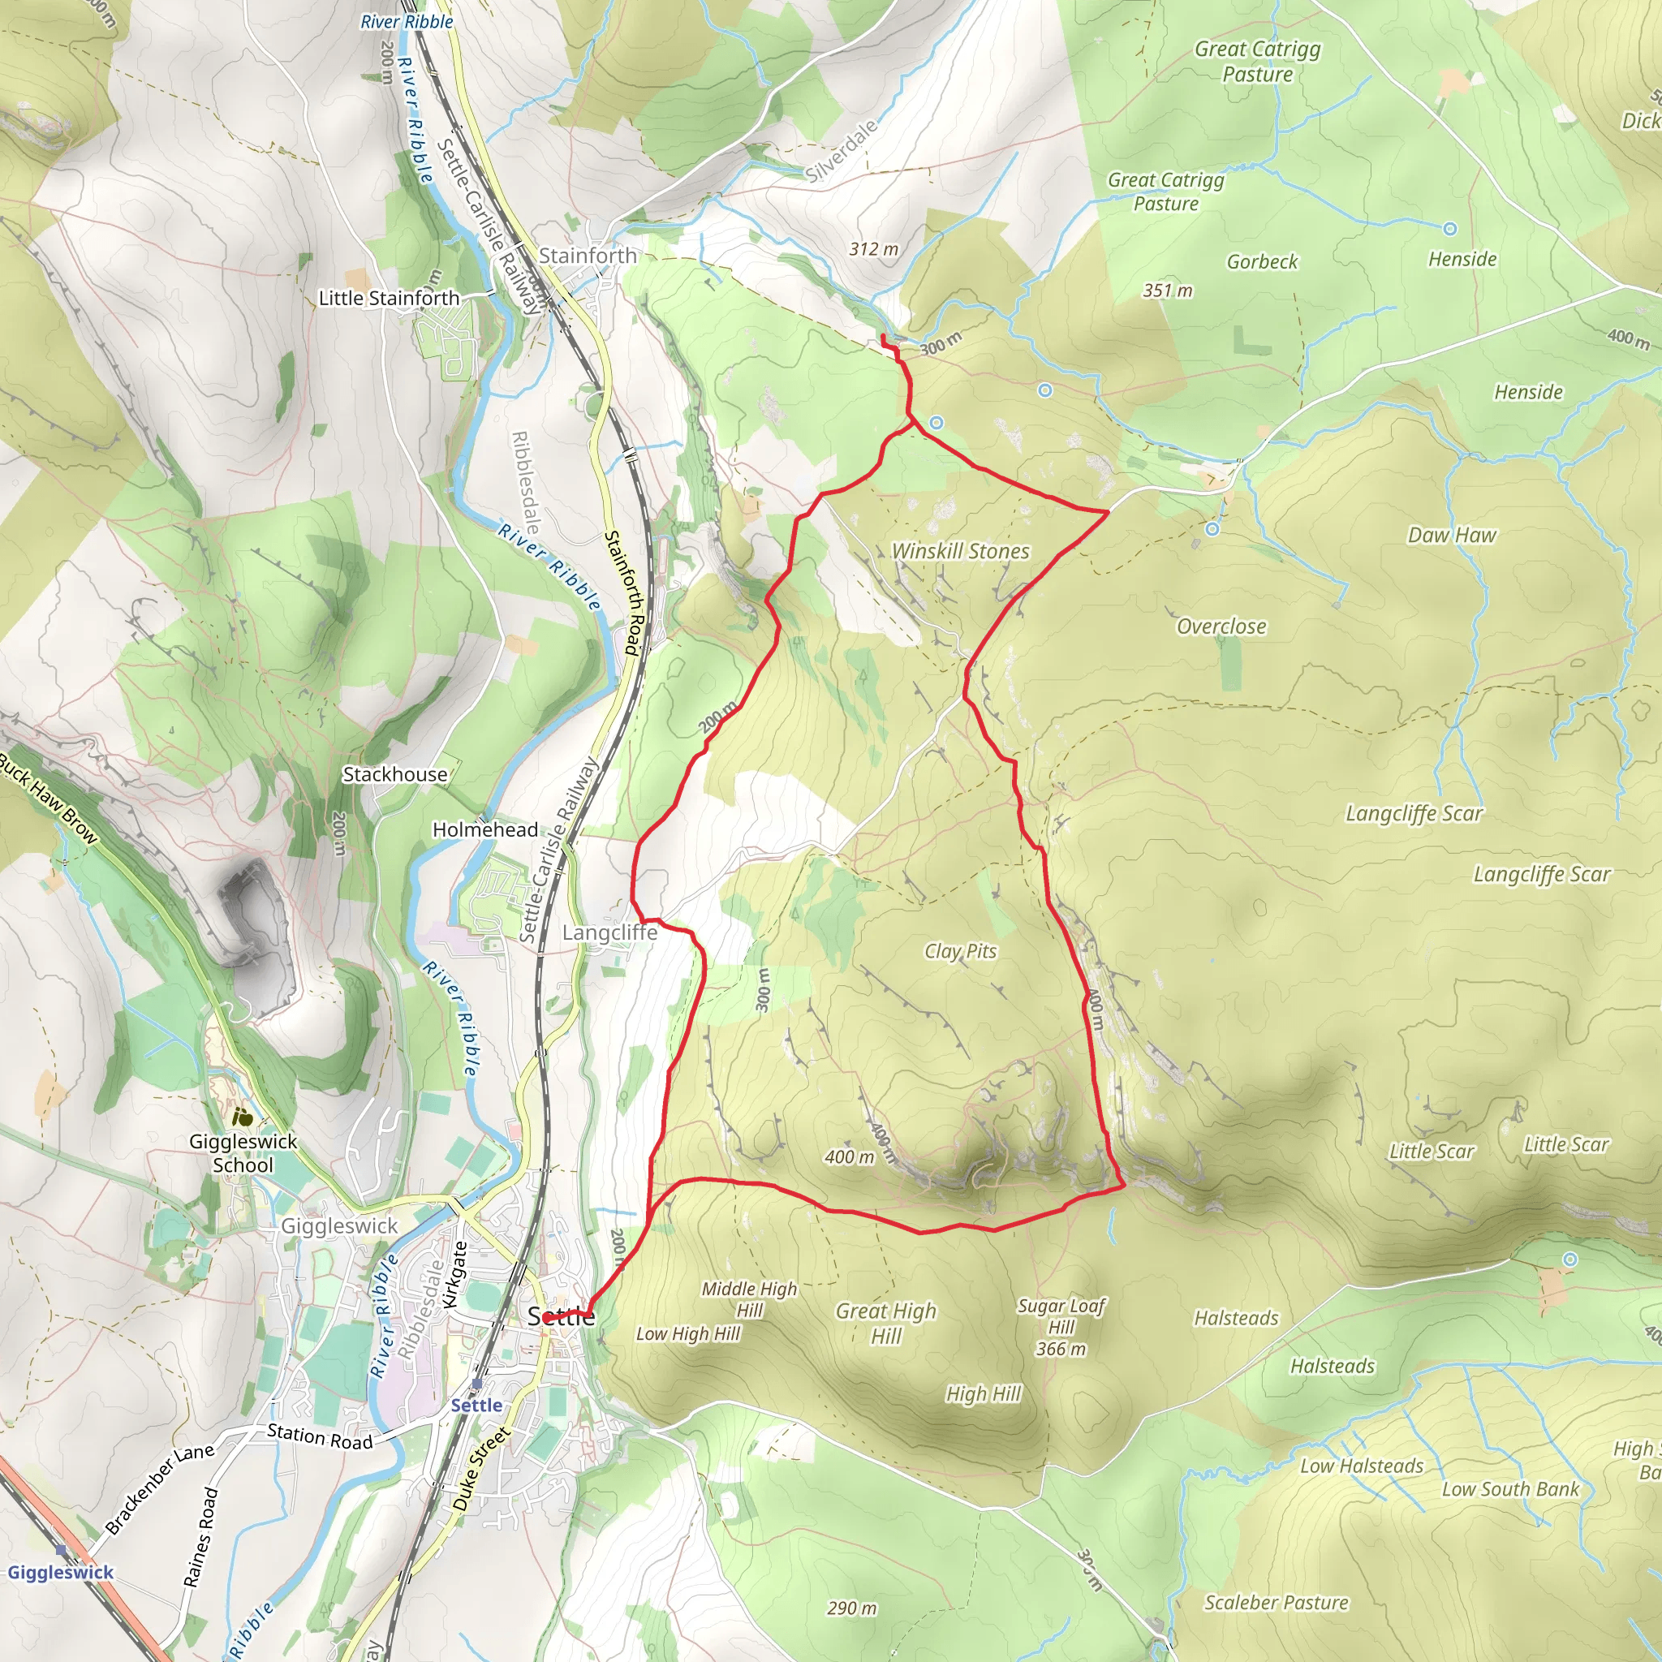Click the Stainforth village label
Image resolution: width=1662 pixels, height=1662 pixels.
coord(588,256)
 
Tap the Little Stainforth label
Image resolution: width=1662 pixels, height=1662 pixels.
coord(389,299)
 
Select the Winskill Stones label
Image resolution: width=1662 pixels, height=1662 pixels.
coord(960,551)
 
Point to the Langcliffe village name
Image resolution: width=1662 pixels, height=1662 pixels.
coord(609,932)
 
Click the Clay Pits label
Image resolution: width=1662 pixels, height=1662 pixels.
coord(960,951)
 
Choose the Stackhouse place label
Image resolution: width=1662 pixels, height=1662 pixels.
coord(395,774)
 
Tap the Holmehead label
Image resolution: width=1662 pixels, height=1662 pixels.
coord(485,829)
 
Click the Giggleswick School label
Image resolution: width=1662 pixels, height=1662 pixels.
coord(243,1152)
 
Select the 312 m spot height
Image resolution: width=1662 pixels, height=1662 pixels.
coord(873,249)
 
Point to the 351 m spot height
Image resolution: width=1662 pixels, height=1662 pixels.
coord(1167,291)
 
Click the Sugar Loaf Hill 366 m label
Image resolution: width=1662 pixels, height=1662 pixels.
coord(1061,1327)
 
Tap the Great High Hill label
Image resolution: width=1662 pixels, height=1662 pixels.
coord(886,1323)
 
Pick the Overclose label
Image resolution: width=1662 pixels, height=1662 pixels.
coord(1221,626)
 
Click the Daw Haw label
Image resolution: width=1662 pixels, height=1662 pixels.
coord(1452,535)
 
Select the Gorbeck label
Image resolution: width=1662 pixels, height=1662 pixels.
coord(1262,261)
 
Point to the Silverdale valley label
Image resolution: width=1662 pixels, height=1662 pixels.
coord(843,152)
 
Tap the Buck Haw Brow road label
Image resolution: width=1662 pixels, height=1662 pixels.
coord(48,799)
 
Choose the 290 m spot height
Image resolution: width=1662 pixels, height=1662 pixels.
coord(851,1608)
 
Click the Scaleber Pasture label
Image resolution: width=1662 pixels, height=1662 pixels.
coord(1276,1603)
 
